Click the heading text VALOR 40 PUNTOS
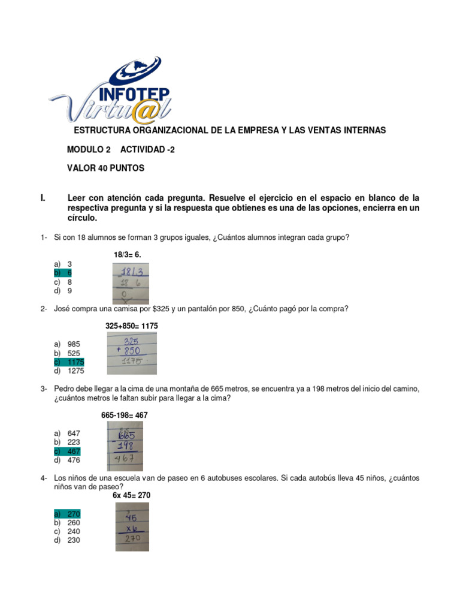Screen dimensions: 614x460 click(x=105, y=168)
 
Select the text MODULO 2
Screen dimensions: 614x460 click(x=88, y=149)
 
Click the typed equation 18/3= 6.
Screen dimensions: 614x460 click(x=127, y=255)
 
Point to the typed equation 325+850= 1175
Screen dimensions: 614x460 click(x=132, y=326)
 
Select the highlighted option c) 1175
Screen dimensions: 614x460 click(x=69, y=362)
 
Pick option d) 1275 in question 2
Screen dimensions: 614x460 click(x=69, y=371)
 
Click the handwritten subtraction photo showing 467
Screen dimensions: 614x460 click(x=125, y=446)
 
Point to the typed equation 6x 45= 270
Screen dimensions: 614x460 click(x=131, y=495)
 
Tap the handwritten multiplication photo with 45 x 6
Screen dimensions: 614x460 click(x=132, y=526)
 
